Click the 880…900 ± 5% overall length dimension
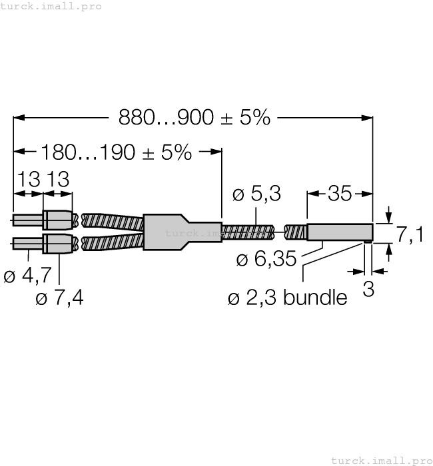[x=195, y=118]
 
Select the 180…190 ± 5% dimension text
[x=116, y=152]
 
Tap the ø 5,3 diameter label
[x=256, y=194]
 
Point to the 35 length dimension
[x=340, y=194]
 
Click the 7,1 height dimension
[x=410, y=234]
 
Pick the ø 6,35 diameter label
[x=266, y=259]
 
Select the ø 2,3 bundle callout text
[x=287, y=298]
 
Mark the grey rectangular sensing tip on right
[x=339, y=232]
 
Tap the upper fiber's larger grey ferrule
[x=58, y=219]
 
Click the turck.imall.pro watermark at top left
[x=51, y=6]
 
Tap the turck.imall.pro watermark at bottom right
[x=381, y=460]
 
